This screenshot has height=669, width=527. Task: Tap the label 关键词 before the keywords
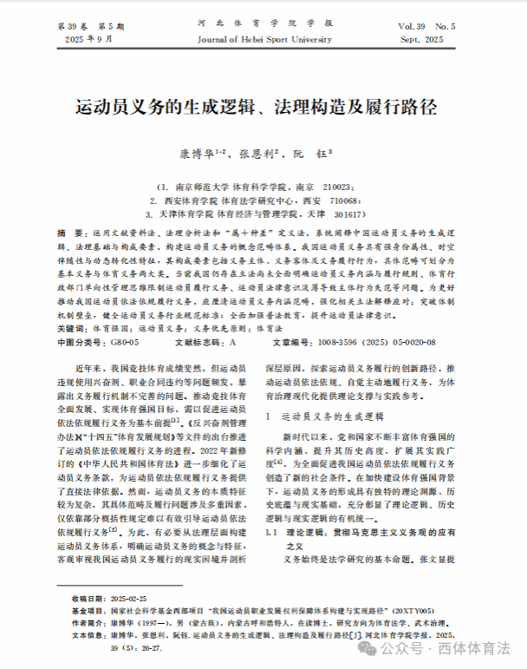coord(71,330)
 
